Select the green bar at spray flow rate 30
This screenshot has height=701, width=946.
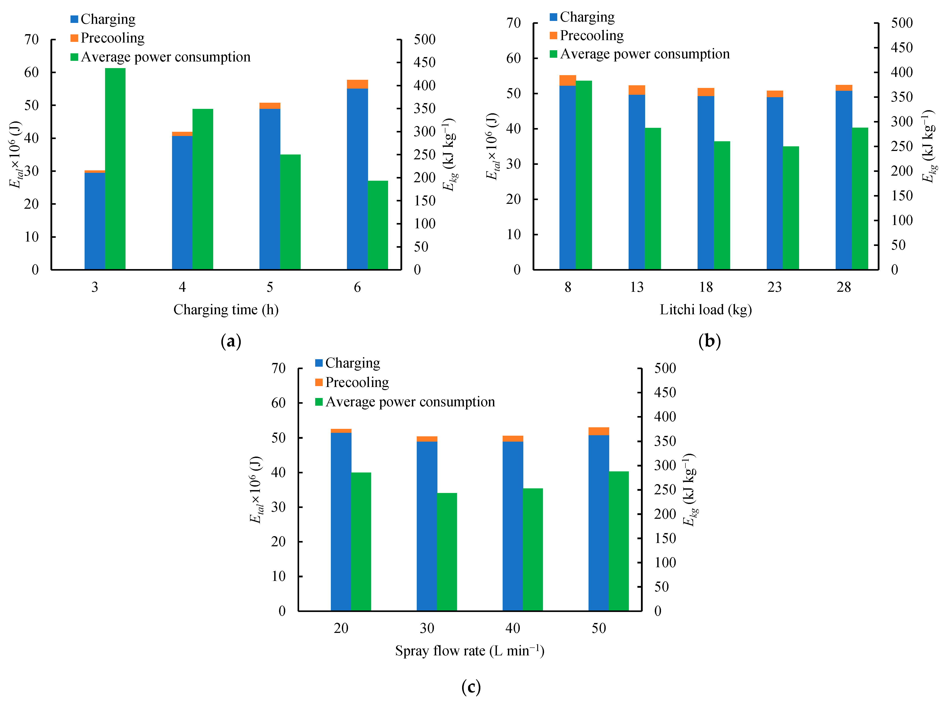coord(447,552)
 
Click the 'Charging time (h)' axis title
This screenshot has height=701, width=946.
coord(226,310)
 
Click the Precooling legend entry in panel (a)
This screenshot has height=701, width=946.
coord(108,38)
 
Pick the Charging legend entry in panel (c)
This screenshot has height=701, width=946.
coord(348,363)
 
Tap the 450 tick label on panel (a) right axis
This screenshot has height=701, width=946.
coord(424,62)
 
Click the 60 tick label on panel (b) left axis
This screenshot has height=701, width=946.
coord(513,58)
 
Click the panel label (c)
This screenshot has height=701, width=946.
coord(471,686)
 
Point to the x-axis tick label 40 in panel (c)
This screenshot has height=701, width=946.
coord(513,628)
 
